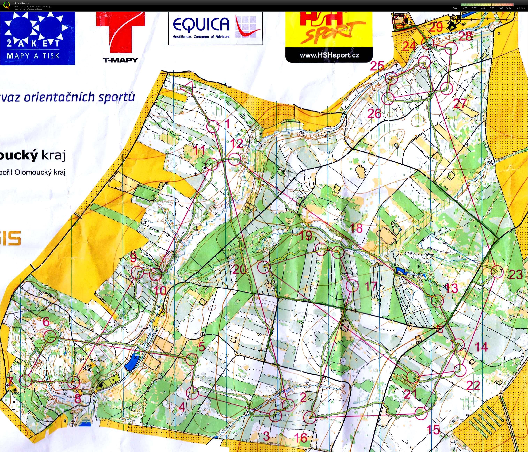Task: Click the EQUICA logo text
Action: tap(201, 24)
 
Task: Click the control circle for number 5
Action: tap(192, 359)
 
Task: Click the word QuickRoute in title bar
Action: tap(21, 3)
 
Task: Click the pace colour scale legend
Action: tap(487, 5)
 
